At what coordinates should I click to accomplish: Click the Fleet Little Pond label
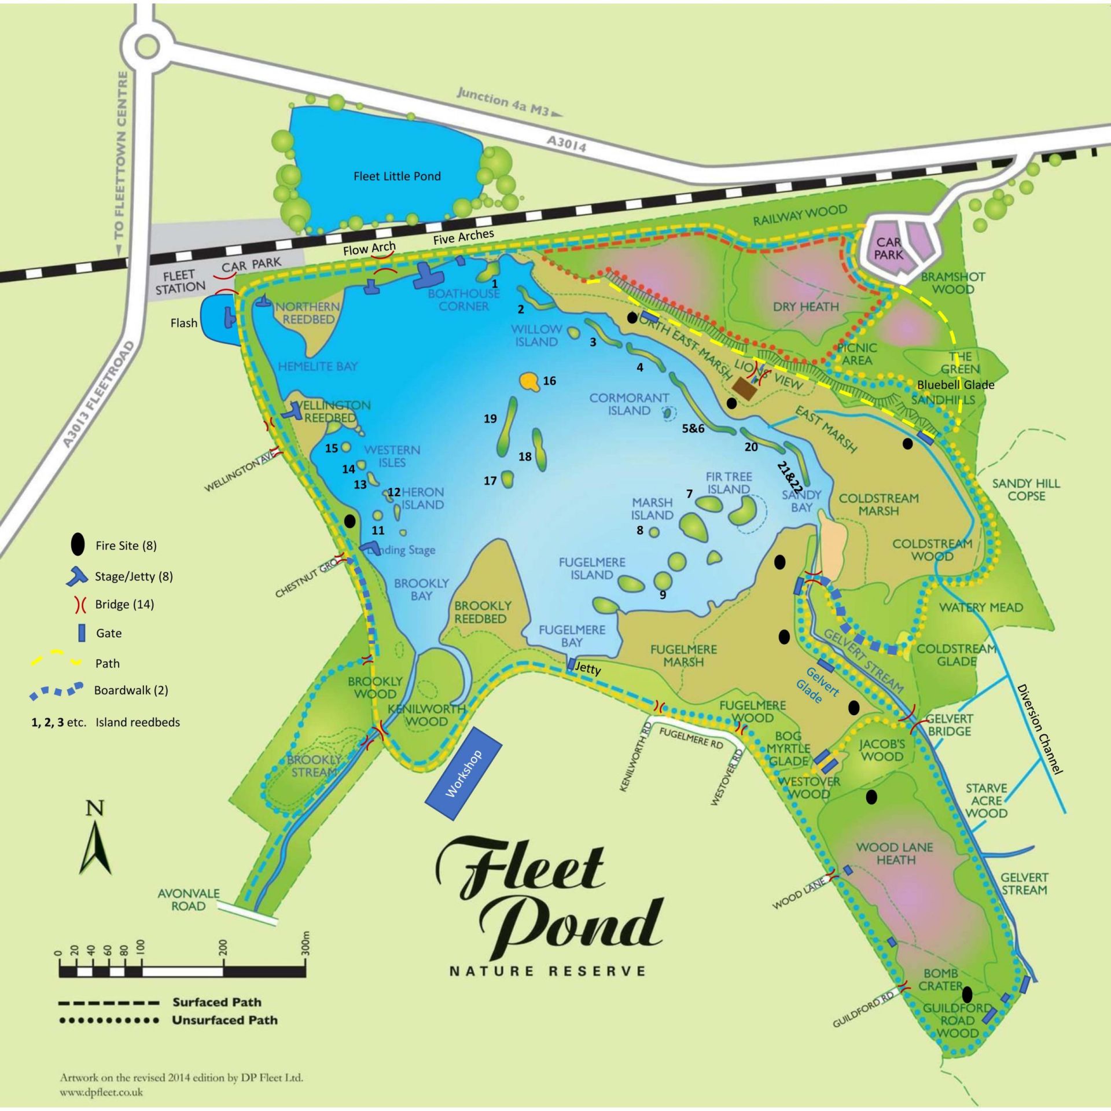pos(397,176)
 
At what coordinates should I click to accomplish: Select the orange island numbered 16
pos(528,381)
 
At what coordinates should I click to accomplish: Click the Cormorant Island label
pos(629,404)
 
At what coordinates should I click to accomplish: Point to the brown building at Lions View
pos(744,389)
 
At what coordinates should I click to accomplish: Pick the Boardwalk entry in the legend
pos(131,690)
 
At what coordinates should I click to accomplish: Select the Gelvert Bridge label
pos(949,724)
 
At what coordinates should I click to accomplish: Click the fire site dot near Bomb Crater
pos(967,994)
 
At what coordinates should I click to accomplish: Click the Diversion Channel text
pos(1040,729)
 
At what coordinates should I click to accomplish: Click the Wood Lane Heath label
pos(895,853)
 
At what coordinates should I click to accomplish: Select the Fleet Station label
pos(179,281)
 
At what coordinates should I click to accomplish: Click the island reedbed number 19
pos(490,418)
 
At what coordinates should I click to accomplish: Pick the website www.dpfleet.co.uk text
pos(101,1092)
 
